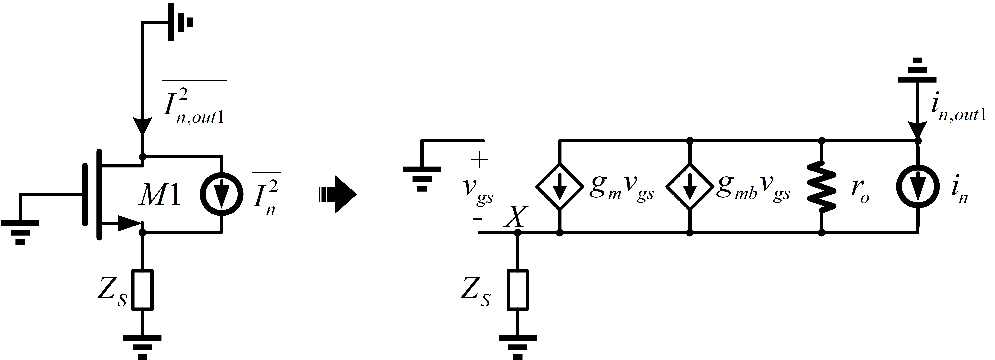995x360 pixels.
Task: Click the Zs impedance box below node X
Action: pyautogui.click(x=518, y=290)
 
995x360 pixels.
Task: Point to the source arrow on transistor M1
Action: pyautogui.click(x=129, y=223)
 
